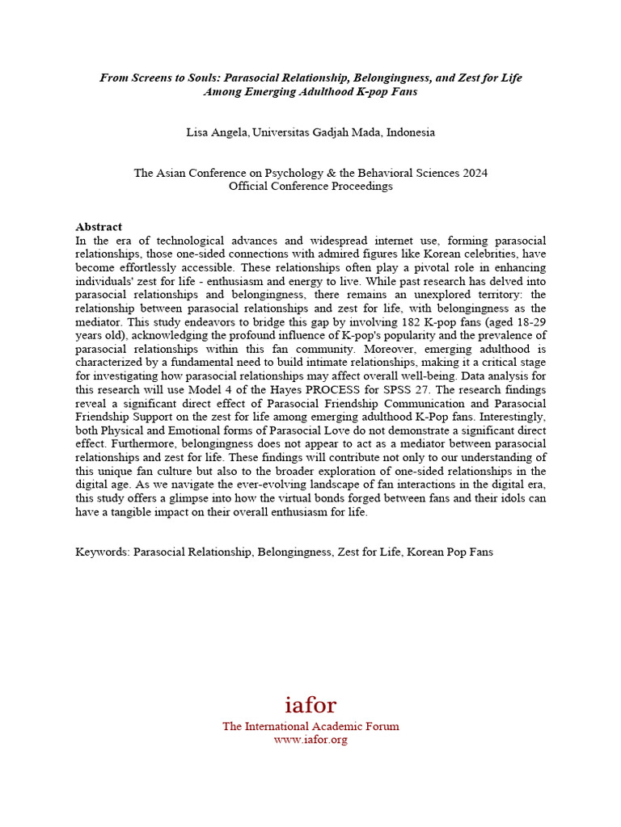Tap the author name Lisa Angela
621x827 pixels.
[x=217, y=132]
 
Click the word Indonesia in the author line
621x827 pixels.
[x=410, y=132]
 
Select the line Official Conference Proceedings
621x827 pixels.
[x=310, y=186]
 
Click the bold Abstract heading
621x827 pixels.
[x=99, y=227]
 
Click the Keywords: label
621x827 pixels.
[x=103, y=552]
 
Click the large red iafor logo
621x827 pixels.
[x=310, y=704]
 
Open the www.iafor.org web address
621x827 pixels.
[x=310, y=740]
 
